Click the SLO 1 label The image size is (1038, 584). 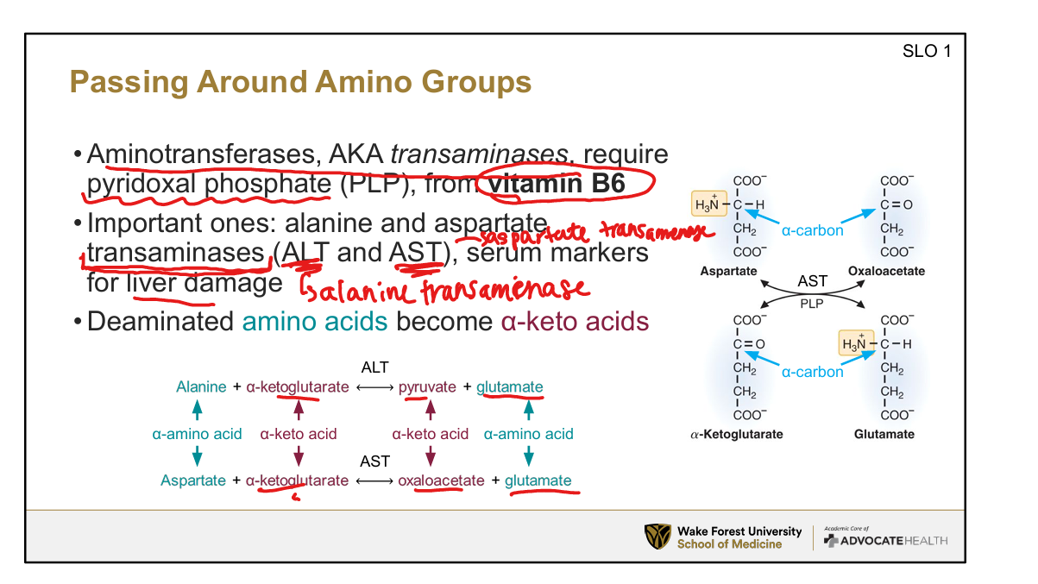(926, 51)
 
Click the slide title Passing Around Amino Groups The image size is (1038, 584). (299, 83)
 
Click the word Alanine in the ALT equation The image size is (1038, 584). (201, 387)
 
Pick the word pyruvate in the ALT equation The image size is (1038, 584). (427, 387)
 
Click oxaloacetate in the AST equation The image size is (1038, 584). (441, 480)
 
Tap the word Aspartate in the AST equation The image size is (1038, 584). (193, 480)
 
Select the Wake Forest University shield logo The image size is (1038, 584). (657, 537)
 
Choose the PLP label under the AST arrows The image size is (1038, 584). (812, 304)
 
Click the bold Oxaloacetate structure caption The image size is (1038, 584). (886, 271)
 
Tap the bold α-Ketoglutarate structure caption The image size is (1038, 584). (737, 434)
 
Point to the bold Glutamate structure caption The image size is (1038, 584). (884, 434)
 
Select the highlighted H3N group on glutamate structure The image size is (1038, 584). (855, 344)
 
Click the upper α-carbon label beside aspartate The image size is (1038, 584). (812, 230)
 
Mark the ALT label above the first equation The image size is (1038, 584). (374, 367)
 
